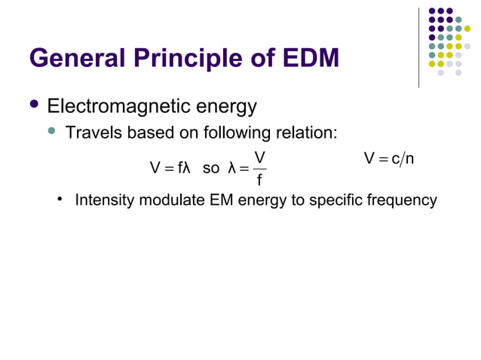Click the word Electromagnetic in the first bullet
click(115, 106)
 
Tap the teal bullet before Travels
click(52, 132)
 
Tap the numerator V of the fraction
click(259, 157)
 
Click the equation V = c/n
click(388, 159)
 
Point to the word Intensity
click(103, 200)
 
